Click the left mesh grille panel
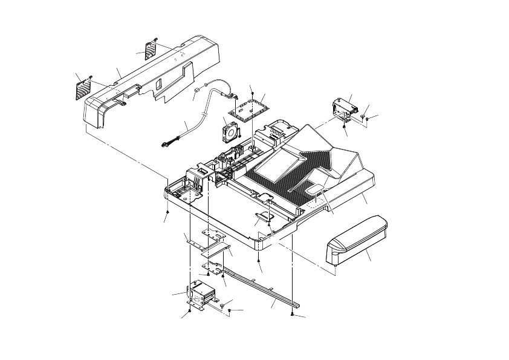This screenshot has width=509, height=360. point(84,90)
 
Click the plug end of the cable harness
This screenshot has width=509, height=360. point(167,144)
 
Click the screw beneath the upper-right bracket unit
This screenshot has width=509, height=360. point(344,126)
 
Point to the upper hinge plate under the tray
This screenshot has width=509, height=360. point(213,234)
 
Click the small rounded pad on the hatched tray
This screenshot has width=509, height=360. point(315,191)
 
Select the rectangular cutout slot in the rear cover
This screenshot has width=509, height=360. point(130,94)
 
